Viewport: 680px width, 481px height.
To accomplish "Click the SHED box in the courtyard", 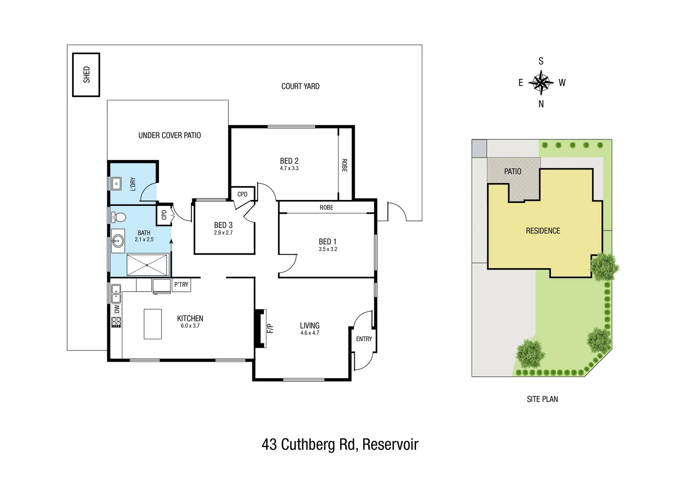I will pyautogui.click(x=86, y=74).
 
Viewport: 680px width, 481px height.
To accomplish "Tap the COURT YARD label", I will pyautogui.click(x=300, y=86).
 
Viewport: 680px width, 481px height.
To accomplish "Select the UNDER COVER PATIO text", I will pyautogui.click(x=170, y=135).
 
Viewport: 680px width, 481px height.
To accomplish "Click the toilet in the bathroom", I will pyautogui.click(x=118, y=217).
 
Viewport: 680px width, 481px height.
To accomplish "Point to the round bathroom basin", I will pyautogui.click(x=118, y=242).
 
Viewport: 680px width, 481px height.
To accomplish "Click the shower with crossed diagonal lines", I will pyautogui.click(x=147, y=265).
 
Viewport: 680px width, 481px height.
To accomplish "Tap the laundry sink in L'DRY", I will pyautogui.click(x=116, y=183).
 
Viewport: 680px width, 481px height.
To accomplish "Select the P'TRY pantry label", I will pyautogui.click(x=181, y=285).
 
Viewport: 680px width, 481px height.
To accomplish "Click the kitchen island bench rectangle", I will pyautogui.click(x=153, y=324).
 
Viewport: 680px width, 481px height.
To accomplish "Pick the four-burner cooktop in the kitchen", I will pyautogui.click(x=116, y=322).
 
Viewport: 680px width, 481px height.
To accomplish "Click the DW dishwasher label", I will pyautogui.click(x=117, y=308).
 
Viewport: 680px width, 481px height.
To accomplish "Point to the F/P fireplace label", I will pyautogui.click(x=270, y=328).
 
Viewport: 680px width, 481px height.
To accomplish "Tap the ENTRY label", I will pyautogui.click(x=364, y=339).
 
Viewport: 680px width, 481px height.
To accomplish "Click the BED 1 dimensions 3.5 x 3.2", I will pyautogui.click(x=328, y=249).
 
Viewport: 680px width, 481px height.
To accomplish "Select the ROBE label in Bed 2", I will pyautogui.click(x=344, y=165).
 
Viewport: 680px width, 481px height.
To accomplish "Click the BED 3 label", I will pyautogui.click(x=223, y=225).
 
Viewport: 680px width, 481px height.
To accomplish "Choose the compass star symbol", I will pyautogui.click(x=541, y=82).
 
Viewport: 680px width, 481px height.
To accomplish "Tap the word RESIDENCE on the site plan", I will pyautogui.click(x=543, y=231).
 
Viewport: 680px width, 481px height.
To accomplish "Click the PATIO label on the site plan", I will pyautogui.click(x=513, y=171).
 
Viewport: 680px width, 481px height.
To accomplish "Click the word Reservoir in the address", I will pyautogui.click(x=390, y=444).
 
